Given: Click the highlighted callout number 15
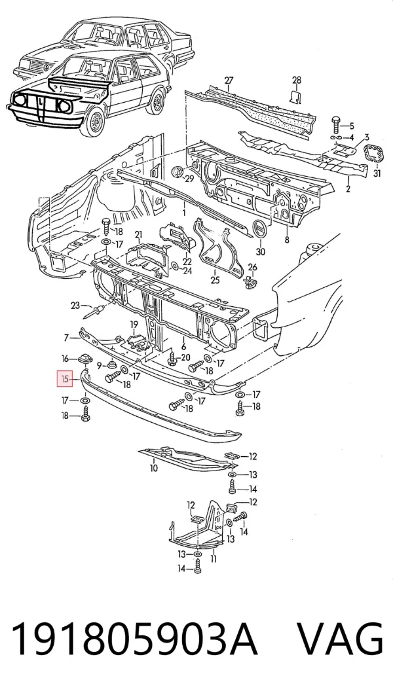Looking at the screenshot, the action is pyautogui.click(x=65, y=380).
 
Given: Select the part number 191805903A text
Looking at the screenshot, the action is pyautogui.click(x=134, y=639).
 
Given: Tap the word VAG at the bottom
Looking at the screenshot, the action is pyautogui.click(x=339, y=639).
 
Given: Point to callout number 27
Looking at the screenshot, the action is pyautogui.click(x=229, y=80).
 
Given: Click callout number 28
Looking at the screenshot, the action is pyautogui.click(x=297, y=80).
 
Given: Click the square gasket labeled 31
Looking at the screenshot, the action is pyautogui.click(x=373, y=156).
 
